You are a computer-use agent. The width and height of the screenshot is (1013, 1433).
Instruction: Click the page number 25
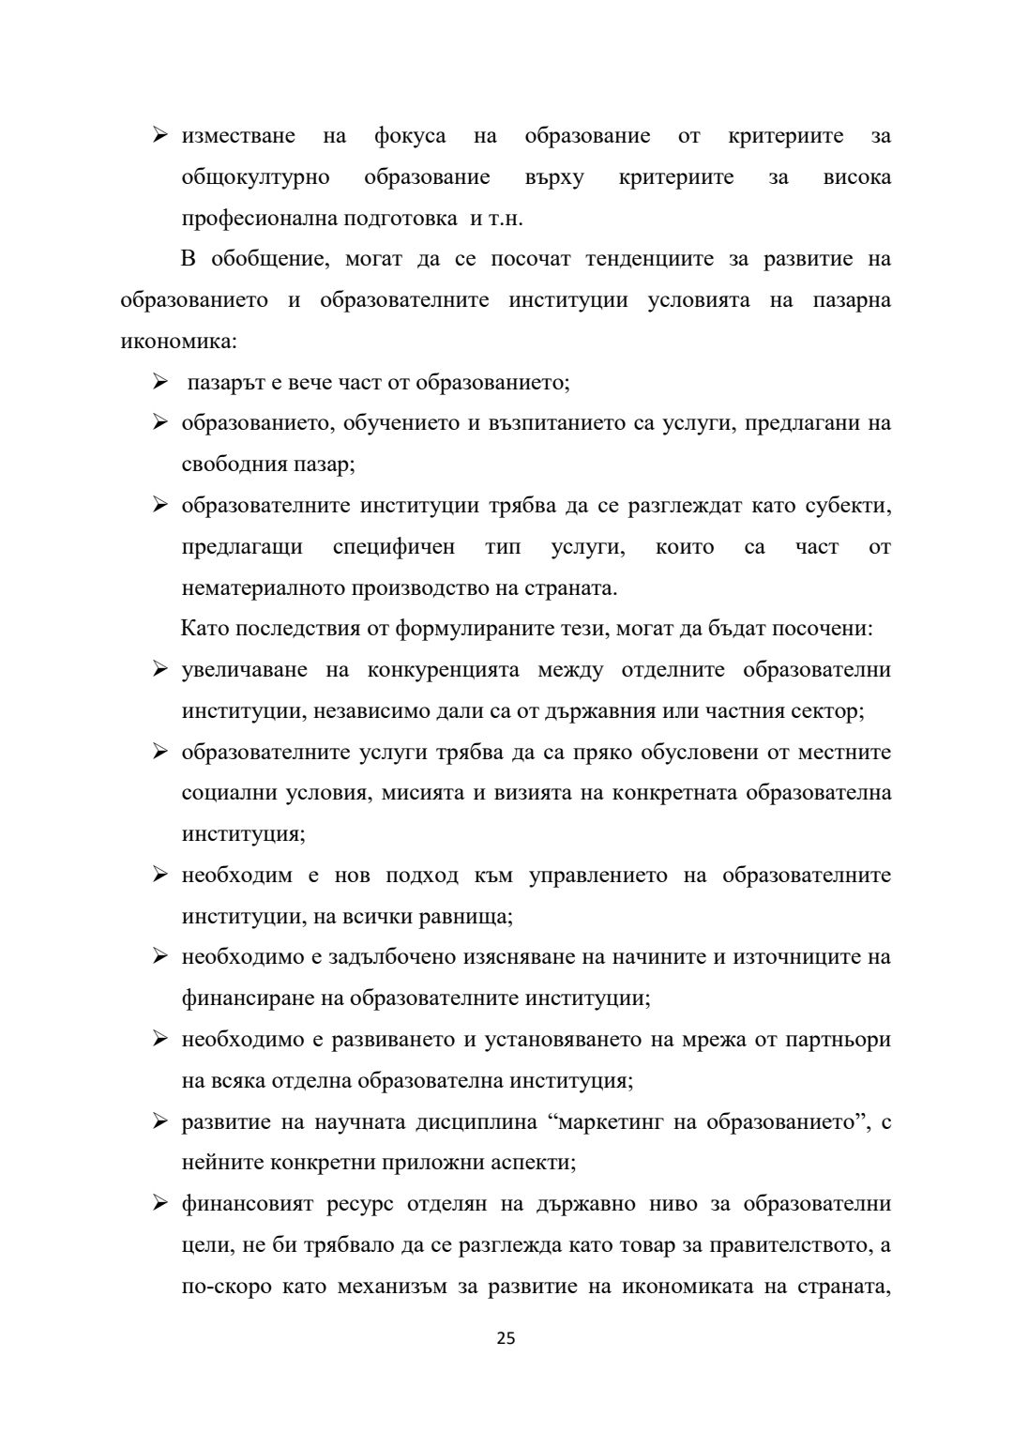[x=506, y=1338]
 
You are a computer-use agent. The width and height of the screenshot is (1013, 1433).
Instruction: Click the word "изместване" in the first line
[x=238, y=136]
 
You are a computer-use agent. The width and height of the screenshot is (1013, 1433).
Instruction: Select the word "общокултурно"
[x=255, y=177]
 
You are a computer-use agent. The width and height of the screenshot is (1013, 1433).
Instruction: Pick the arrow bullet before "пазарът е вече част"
[x=160, y=383]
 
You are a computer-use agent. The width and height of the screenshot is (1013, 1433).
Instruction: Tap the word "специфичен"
[x=394, y=547]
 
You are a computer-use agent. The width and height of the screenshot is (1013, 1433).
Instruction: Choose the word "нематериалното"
[x=264, y=588]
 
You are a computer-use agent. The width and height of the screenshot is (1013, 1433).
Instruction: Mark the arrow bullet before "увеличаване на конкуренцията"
[x=160, y=671]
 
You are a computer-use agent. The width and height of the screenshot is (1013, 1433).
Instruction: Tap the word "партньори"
[x=836, y=1040]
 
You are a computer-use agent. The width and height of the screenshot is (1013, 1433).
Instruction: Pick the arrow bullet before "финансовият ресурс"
[x=160, y=1204]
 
